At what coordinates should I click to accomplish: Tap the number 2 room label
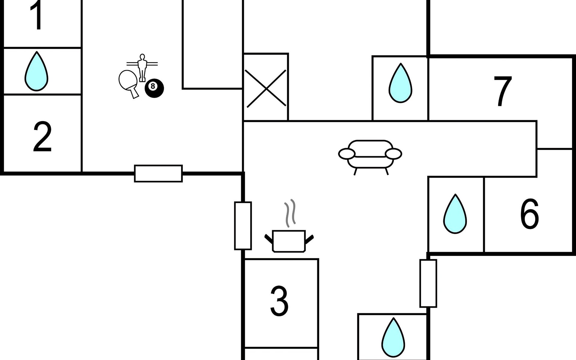(42, 137)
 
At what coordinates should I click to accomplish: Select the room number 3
(279, 301)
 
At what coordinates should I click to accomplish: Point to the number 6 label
(529, 214)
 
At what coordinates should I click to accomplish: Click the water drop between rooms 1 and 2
(36, 71)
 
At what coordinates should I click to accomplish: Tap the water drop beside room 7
(400, 83)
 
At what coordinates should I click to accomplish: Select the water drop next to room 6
(455, 214)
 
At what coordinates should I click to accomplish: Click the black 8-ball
(154, 88)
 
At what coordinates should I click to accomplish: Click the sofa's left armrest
(347, 154)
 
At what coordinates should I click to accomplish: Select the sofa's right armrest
(393, 154)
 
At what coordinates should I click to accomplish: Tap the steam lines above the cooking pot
(290, 213)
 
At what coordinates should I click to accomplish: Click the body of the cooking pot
(289, 241)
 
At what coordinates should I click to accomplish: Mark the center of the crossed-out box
(266, 88)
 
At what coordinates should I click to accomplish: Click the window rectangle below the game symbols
(158, 173)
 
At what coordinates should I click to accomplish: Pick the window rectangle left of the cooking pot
(243, 226)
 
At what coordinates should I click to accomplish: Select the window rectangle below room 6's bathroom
(428, 283)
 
